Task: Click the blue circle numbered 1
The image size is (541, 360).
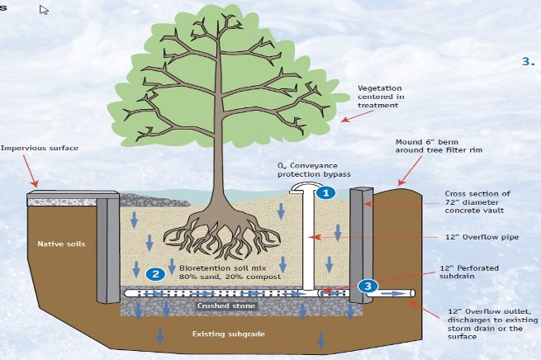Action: coord(325,192)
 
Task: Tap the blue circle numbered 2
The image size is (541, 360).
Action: coord(154,273)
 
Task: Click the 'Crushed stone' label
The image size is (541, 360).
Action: coord(219,306)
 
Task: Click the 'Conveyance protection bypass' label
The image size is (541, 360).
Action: coord(316,170)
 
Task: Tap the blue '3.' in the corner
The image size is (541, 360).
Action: coord(529,61)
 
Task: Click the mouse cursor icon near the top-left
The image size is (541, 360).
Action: coord(44,10)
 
